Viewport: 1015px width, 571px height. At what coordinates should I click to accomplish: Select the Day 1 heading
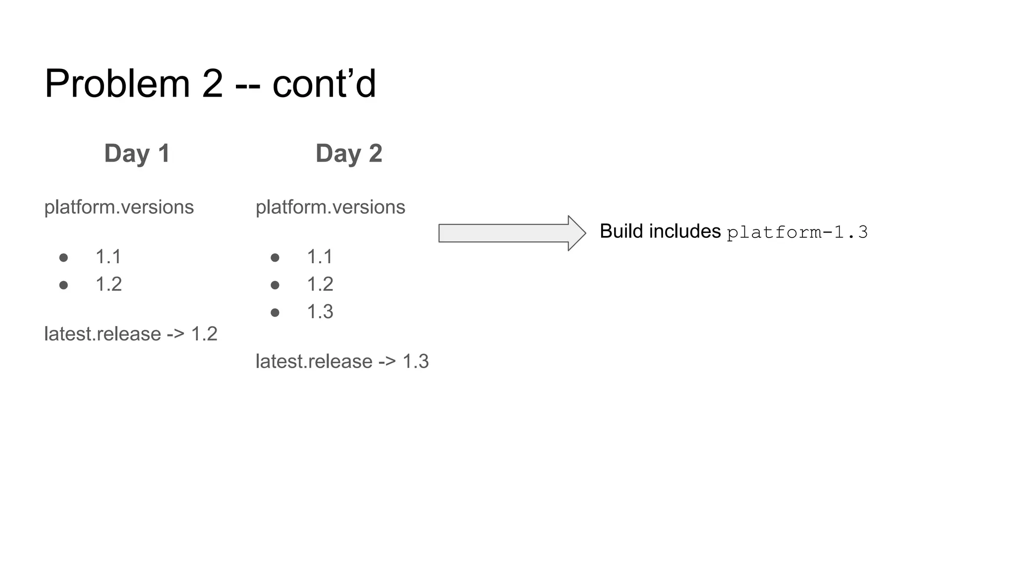tap(137, 153)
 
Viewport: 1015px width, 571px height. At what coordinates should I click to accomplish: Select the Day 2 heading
tap(349, 153)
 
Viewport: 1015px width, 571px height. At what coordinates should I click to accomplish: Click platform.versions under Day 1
tap(119, 207)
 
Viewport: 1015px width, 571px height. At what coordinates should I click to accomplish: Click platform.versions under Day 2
tap(331, 207)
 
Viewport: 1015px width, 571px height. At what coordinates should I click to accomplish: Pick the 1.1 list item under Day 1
tap(108, 257)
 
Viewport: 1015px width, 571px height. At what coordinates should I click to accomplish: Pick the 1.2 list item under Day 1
tap(109, 284)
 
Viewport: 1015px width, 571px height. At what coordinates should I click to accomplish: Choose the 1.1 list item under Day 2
tap(320, 257)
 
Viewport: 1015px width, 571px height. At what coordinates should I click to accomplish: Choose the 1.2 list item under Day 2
tap(320, 284)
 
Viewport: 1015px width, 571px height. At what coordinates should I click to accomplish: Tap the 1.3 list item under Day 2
tap(320, 312)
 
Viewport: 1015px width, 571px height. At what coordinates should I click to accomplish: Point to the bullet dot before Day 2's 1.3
tap(275, 312)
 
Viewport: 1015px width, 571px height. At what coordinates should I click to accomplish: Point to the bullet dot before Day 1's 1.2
tap(63, 285)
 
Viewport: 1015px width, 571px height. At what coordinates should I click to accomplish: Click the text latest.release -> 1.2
tap(131, 334)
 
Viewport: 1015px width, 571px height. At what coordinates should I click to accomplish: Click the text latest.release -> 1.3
tap(342, 361)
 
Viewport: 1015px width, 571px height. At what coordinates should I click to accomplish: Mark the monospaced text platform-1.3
tap(797, 232)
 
